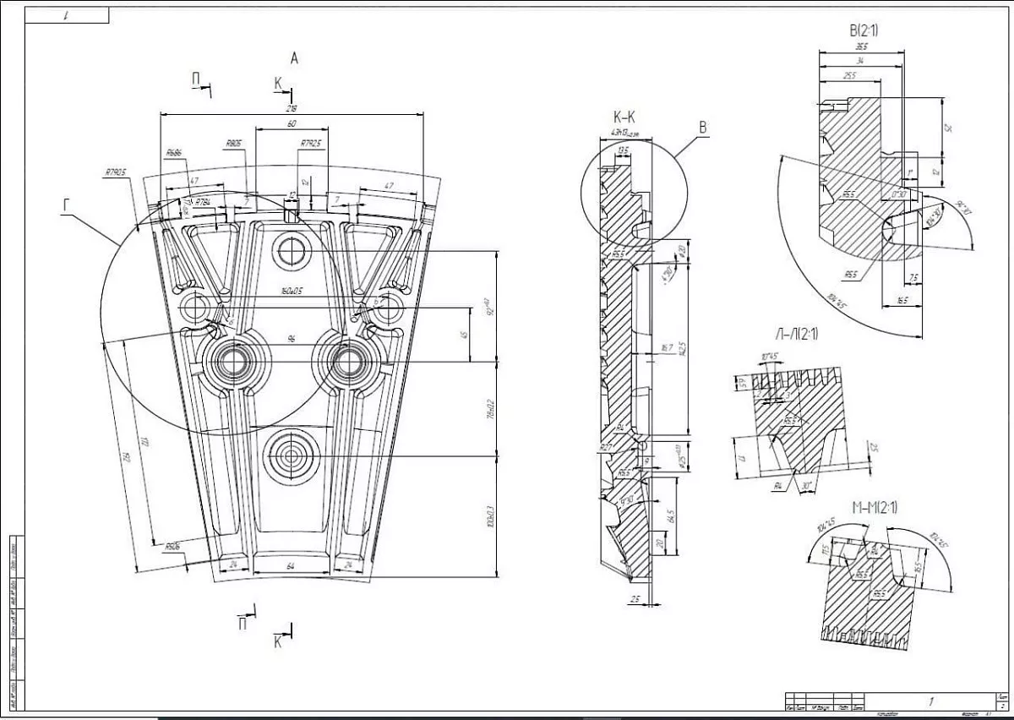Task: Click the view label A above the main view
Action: [x=294, y=58]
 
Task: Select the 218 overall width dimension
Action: [x=292, y=109]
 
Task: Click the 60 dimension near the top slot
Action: [x=292, y=124]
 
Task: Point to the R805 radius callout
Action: [x=234, y=144]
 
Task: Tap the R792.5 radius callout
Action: [x=311, y=144]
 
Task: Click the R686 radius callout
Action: [x=175, y=153]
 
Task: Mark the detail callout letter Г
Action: [x=67, y=204]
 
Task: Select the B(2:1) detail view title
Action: [x=862, y=31]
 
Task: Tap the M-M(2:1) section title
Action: [x=875, y=507]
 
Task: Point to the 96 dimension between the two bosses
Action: [x=292, y=339]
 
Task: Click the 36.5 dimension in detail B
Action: [x=861, y=47]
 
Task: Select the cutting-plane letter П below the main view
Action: [x=243, y=624]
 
